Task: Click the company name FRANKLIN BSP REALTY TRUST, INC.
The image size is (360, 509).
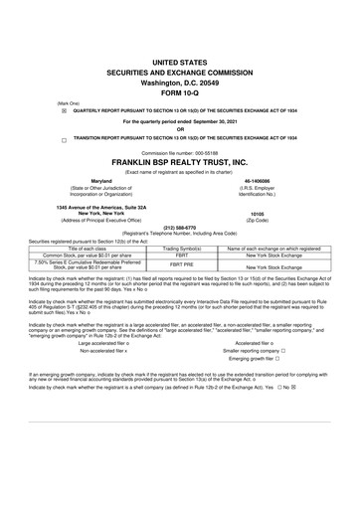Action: click(x=179, y=161)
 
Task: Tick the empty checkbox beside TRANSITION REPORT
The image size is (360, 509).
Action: click(x=64, y=140)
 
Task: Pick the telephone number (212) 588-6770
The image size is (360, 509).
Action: click(x=179, y=225)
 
